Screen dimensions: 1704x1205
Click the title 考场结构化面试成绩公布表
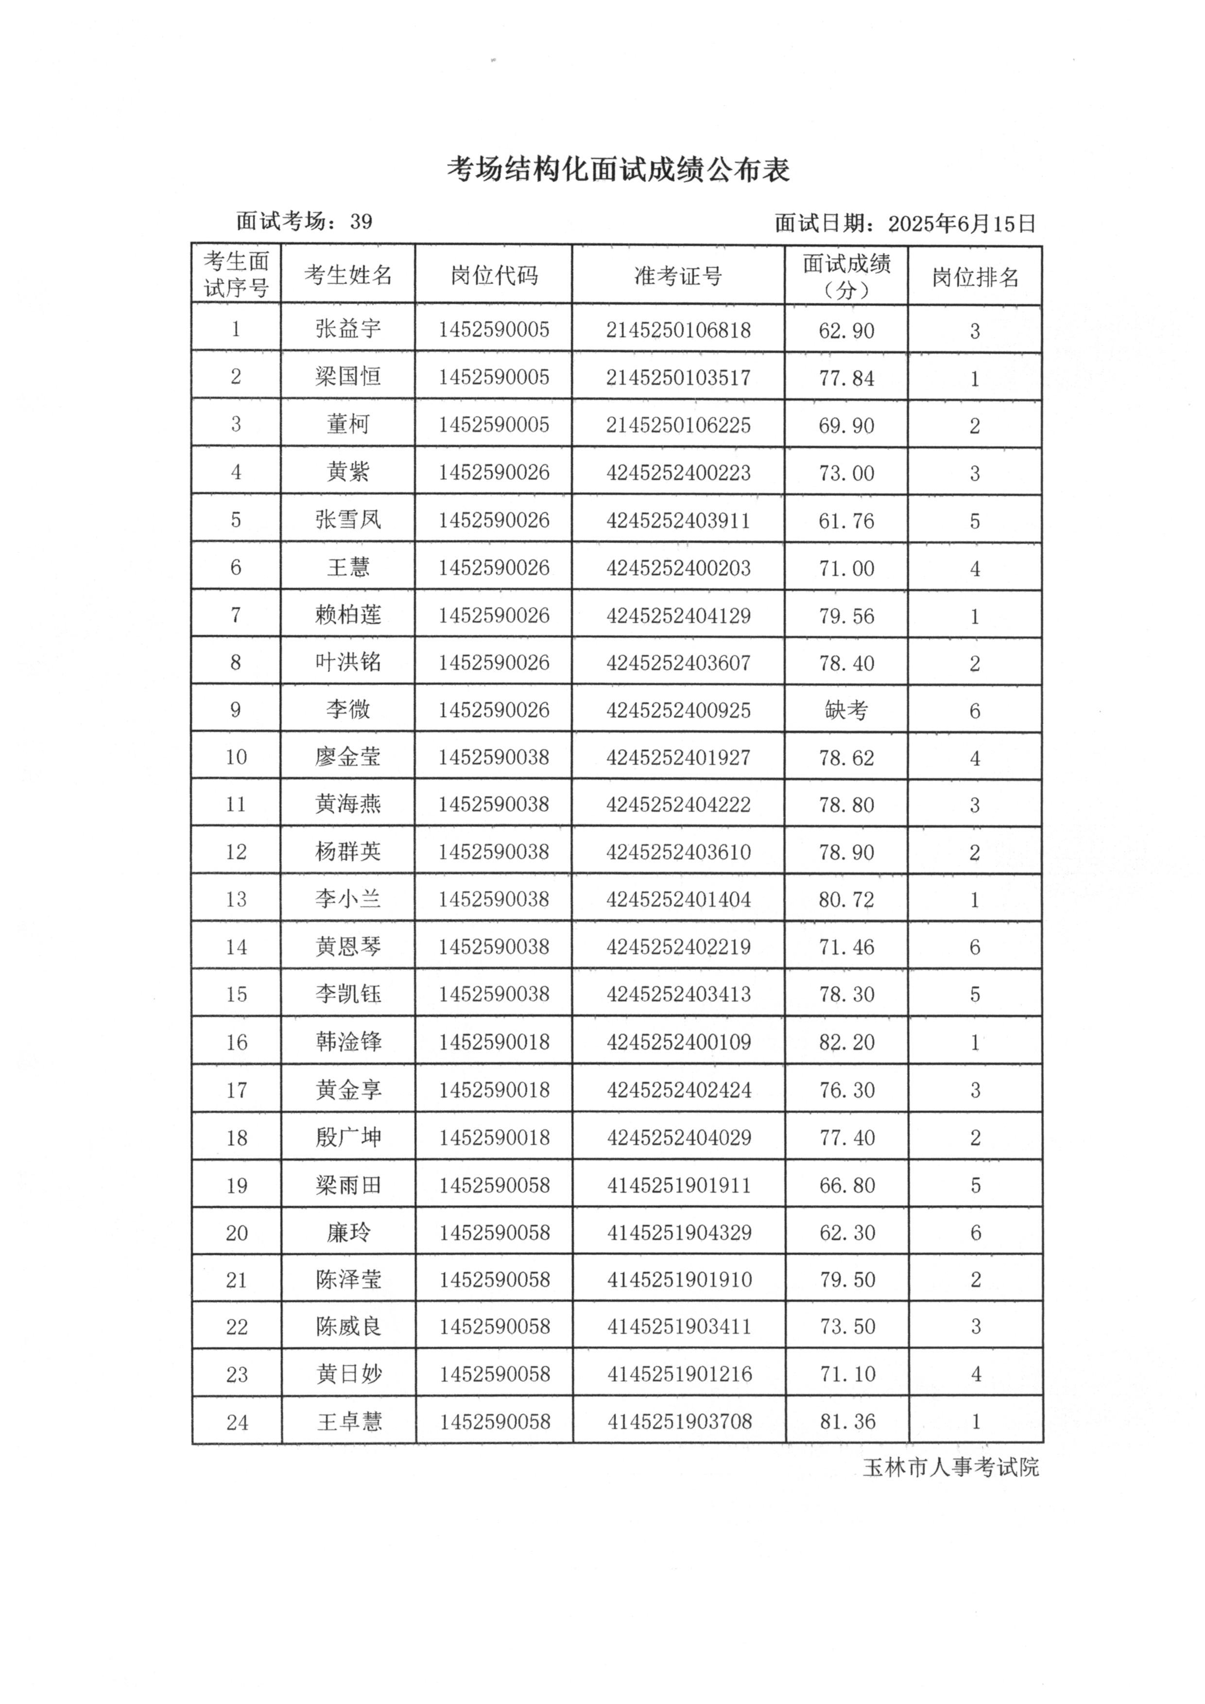(618, 170)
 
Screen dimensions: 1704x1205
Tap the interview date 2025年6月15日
(961, 224)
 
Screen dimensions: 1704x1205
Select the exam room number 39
(361, 222)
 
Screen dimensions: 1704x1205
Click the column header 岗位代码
(494, 275)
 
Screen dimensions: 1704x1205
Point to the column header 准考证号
(678, 276)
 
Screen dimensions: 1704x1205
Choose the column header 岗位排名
(975, 277)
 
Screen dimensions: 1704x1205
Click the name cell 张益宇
(348, 329)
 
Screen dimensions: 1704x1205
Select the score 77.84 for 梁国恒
(846, 378)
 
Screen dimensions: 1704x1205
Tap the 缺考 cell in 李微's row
(846, 710)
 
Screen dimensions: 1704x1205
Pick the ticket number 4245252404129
(678, 615)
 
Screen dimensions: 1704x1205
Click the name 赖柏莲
(348, 615)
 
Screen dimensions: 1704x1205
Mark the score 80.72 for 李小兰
(846, 899)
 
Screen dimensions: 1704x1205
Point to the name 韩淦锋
(348, 1041)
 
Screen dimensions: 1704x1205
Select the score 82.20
(846, 1042)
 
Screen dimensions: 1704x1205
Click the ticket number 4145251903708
(680, 1421)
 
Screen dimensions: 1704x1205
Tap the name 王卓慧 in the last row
(349, 1421)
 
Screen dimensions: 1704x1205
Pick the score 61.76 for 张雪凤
(846, 520)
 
